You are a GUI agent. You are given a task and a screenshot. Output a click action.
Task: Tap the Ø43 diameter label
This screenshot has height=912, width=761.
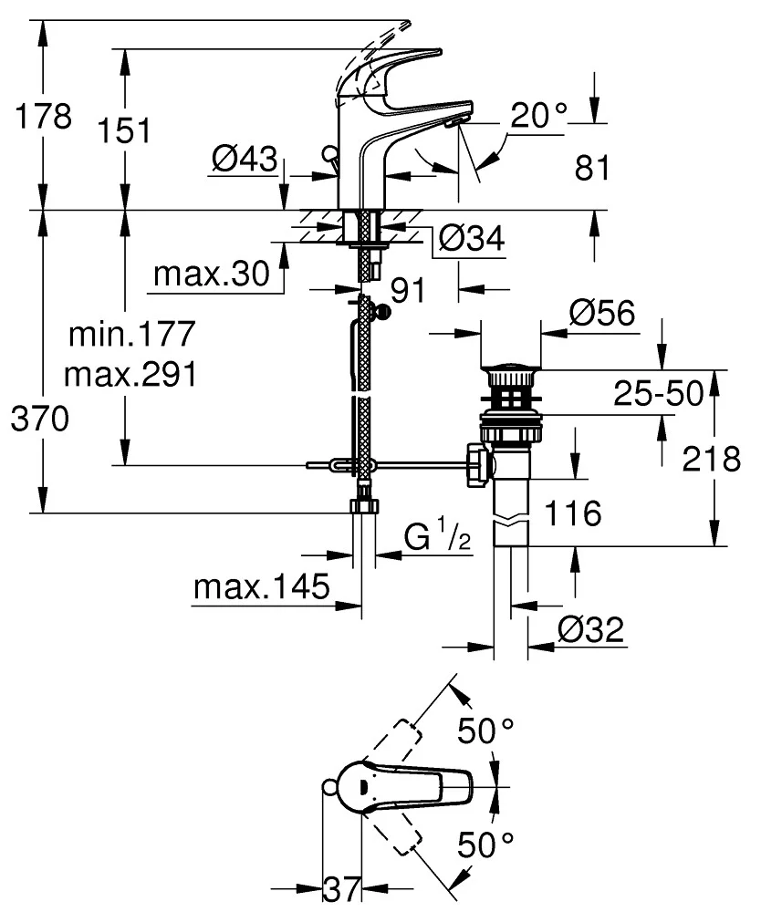tap(244, 160)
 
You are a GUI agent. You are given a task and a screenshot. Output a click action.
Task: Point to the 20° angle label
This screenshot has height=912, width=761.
tap(538, 115)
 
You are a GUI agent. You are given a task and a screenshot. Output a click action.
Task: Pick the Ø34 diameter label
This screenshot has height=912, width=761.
tap(471, 240)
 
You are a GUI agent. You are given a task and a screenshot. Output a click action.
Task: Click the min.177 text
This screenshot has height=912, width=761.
tap(133, 335)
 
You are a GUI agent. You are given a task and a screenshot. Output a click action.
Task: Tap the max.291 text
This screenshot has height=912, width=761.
tap(133, 375)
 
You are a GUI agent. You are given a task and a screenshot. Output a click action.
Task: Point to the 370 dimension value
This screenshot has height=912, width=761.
tap(39, 420)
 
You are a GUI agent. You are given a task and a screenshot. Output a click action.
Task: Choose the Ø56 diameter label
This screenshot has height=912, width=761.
tap(601, 314)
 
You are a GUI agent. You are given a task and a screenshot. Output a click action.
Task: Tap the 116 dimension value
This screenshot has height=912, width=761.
tap(574, 513)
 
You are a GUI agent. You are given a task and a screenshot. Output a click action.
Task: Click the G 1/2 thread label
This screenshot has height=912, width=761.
tap(439, 539)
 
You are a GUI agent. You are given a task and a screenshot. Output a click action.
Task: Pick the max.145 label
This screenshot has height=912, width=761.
tap(261, 588)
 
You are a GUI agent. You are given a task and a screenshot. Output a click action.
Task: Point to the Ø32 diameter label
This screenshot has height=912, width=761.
tap(589, 629)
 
